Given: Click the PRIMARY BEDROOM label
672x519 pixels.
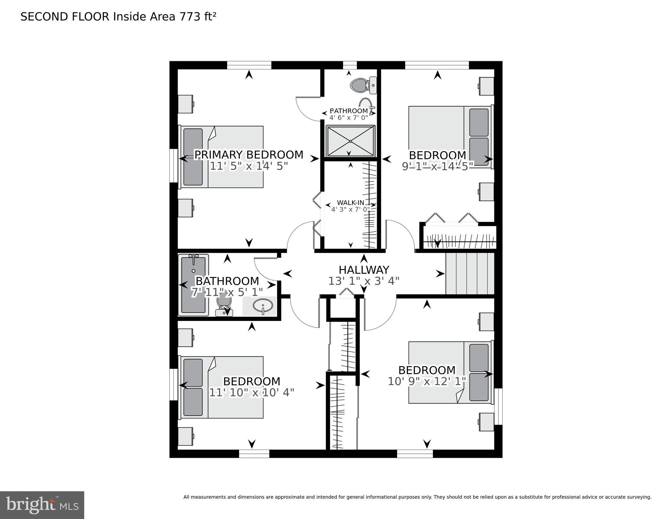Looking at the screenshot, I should pos(249,155).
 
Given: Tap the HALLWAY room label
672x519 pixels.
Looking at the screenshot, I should pos(364,270).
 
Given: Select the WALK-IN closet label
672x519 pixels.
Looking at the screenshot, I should pos(350,203).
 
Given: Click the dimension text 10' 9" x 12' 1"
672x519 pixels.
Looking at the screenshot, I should pos(427,381).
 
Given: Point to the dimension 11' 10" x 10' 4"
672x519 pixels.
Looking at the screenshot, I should pos(252,393).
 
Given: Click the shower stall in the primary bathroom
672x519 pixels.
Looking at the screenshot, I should pos(350,141).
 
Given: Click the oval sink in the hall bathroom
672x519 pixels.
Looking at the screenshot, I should pos(263,306).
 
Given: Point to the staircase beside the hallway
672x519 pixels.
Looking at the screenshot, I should pos(469,274).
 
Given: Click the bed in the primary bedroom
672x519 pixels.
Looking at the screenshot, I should pos(222,157).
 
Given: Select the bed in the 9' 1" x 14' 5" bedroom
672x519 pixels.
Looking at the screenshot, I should pos(450,137).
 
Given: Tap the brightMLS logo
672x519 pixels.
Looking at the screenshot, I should pos(42,505).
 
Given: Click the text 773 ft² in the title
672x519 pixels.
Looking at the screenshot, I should pos(196,17).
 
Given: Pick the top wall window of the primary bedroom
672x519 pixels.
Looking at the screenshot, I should pos(249,65).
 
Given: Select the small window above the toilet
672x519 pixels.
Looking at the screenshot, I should pos(350,65).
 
